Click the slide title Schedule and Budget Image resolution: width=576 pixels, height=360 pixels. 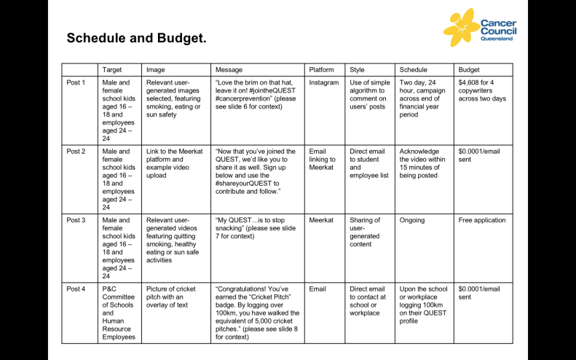137,38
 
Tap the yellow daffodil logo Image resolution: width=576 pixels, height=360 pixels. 460,28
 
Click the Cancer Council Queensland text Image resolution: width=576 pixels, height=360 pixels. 498,30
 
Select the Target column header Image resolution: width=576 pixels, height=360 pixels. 111,70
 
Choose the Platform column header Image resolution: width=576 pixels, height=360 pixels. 321,70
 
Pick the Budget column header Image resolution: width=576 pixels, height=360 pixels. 470,70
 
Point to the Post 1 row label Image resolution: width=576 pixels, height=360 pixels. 76,82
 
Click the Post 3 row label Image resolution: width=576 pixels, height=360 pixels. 76,220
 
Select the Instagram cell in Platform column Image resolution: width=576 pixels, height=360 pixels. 324,82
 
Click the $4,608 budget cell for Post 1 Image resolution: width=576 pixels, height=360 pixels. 481,90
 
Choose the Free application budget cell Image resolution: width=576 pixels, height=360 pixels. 481,220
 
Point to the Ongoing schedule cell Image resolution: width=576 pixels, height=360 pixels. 412,220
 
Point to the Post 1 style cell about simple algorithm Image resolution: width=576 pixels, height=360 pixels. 369,95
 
